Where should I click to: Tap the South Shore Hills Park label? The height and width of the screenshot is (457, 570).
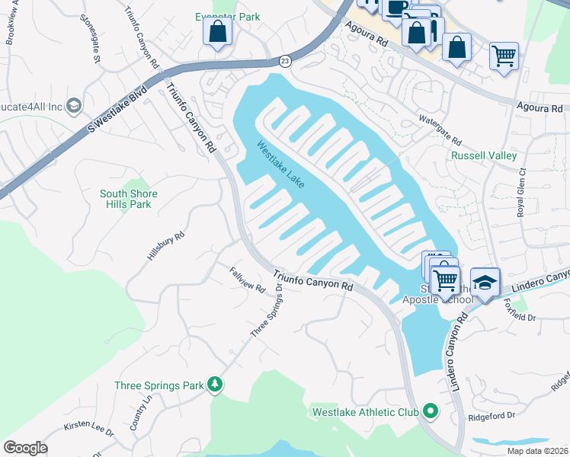[129, 199]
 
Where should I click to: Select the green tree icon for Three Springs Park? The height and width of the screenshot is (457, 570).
[216, 385]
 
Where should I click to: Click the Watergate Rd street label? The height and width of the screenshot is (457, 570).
[440, 130]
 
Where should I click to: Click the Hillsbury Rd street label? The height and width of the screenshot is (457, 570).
[165, 248]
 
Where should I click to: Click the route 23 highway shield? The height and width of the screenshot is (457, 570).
[284, 60]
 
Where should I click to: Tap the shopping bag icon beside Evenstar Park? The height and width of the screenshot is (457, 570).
[218, 33]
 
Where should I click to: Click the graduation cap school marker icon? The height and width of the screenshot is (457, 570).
[485, 283]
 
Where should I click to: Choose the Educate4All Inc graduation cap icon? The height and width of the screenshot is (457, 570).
[74, 104]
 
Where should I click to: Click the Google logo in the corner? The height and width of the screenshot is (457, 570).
[25, 448]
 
